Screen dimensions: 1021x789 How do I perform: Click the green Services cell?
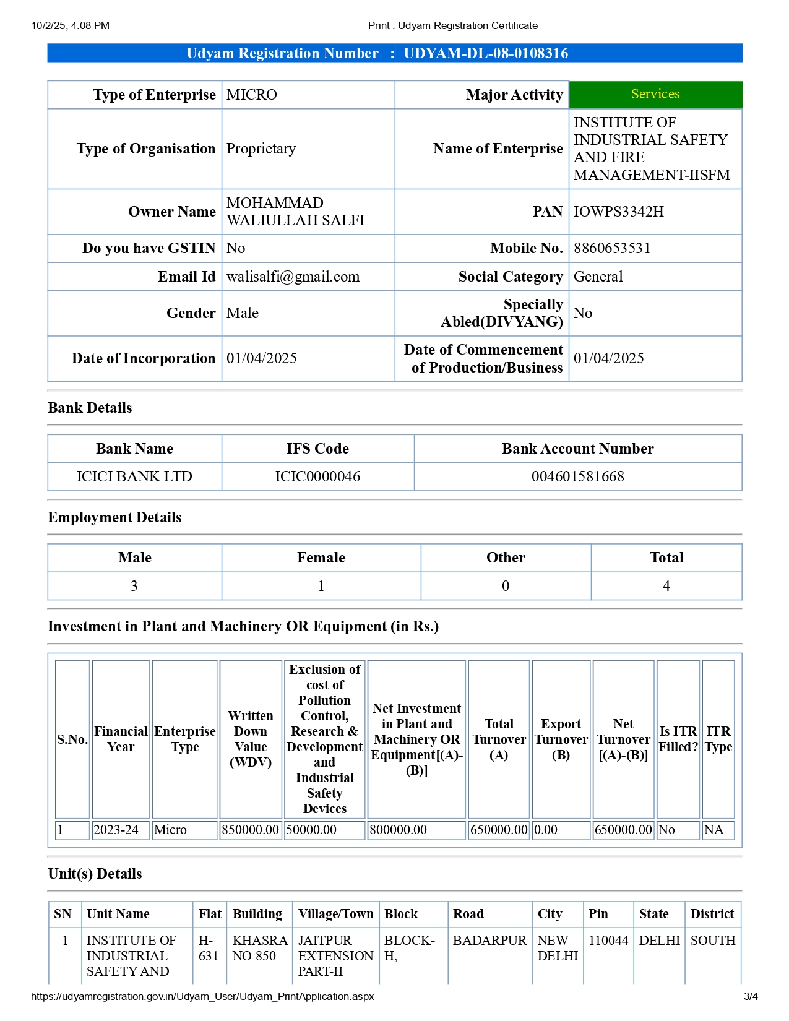point(655,94)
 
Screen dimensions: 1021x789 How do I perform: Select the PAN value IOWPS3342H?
point(618,212)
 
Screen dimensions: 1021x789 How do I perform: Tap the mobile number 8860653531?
point(611,248)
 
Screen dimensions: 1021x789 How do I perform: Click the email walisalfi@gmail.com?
point(293,277)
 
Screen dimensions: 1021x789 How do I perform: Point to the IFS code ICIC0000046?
point(317,476)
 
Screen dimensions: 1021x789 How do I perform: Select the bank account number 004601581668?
point(577,476)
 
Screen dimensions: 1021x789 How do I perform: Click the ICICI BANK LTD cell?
point(134,476)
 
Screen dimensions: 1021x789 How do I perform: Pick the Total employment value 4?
point(666,586)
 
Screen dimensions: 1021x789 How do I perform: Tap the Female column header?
point(321,558)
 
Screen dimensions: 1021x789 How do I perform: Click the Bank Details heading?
point(90,408)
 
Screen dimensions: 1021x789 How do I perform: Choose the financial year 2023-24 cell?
point(116,830)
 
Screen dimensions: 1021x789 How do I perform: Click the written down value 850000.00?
point(250,830)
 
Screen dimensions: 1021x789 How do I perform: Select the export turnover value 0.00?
point(546,830)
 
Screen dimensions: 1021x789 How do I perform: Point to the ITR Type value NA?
point(714,830)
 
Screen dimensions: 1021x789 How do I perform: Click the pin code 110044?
point(608,941)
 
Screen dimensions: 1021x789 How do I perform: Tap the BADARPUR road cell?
point(489,941)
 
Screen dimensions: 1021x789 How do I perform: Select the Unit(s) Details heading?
point(95,874)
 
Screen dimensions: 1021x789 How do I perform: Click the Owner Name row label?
point(172,212)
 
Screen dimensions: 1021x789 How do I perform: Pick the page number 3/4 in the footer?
point(750,996)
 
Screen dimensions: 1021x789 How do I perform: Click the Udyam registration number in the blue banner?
point(485,53)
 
